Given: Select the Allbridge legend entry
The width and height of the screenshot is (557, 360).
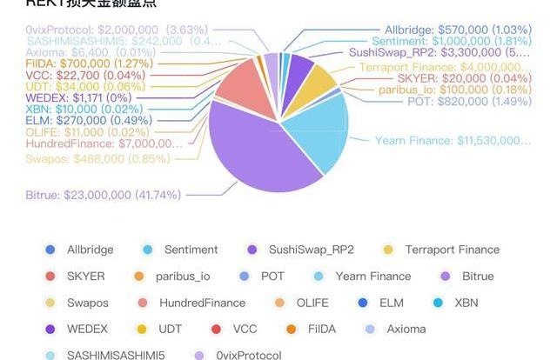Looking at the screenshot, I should (x=81, y=250).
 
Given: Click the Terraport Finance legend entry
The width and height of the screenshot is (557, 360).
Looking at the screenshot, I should (x=442, y=250).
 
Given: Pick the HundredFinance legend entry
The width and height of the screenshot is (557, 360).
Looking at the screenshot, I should (x=193, y=303).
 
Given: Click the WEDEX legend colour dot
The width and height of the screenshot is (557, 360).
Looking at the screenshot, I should (x=49, y=329).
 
